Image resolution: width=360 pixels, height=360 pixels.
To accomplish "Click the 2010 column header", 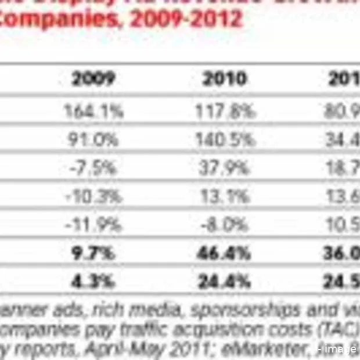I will pos(224,79).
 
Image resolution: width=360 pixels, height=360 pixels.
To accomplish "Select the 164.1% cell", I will pos(94,111).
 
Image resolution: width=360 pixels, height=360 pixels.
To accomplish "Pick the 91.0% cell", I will pos(94,140).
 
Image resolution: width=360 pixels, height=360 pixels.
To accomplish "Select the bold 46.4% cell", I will pos(224,254).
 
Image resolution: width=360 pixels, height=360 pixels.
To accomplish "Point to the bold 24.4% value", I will pos(224,282).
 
